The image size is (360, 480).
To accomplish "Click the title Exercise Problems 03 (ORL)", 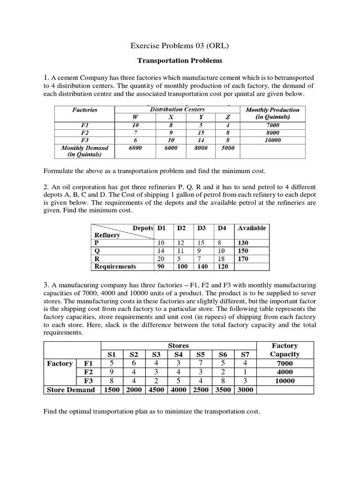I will [x=180, y=45].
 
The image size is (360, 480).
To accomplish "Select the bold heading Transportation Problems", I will [x=180, y=60].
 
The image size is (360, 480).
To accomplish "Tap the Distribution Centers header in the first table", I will [x=177, y=109].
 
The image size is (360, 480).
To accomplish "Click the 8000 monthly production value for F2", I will [x=272, y=133].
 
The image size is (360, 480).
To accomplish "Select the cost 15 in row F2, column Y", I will [x=200, y=133].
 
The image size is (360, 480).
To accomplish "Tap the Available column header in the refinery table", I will [x=252, y=228].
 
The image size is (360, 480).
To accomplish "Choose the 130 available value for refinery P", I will [x=243, y=243].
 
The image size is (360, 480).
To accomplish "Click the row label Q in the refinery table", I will [x=97, y=251].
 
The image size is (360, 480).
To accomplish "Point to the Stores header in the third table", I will [x=178, y=345].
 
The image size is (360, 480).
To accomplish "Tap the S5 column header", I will [x=201, y=354].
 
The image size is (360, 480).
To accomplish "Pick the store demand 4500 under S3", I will [x=156, y=390].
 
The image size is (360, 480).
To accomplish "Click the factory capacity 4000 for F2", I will [x=285, y=372].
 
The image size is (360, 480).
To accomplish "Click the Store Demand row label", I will [x=71, y=390].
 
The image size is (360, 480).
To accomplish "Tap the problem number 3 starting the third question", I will [x=46, y=284].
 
